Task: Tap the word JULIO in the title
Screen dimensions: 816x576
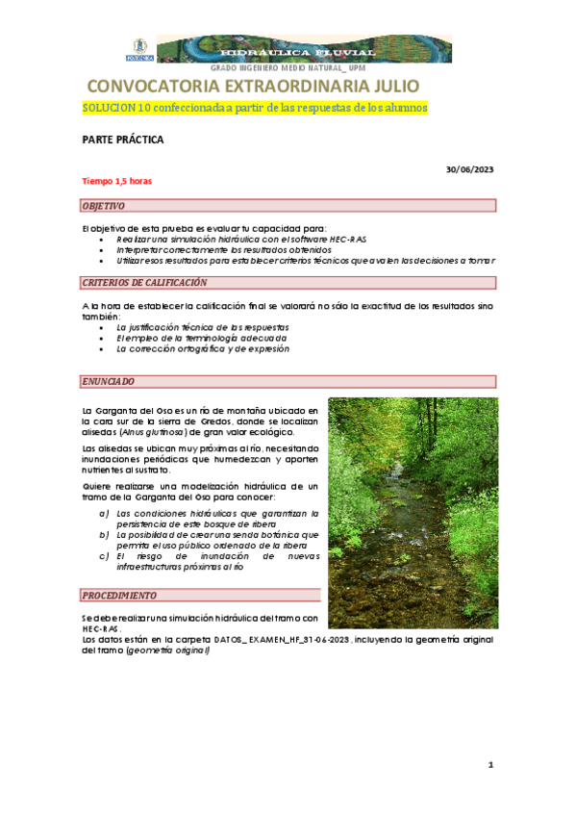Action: pyautogui.click(x=388, y=87)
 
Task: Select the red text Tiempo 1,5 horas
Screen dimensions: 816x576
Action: pyautogui.click(x=116, y=181)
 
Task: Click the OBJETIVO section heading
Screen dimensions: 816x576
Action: pyautogui.click(x=104, y=206)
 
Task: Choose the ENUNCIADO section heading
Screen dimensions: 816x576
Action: pyautogui.click(x=109, y=381)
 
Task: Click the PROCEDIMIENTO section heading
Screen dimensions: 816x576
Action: pyautogui.click(x=119, y=595)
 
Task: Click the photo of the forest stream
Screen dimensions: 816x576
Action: pyautogui.click(x=413, y=513)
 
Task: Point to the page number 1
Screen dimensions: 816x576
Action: pyautogui.click(x=490, y=765)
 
